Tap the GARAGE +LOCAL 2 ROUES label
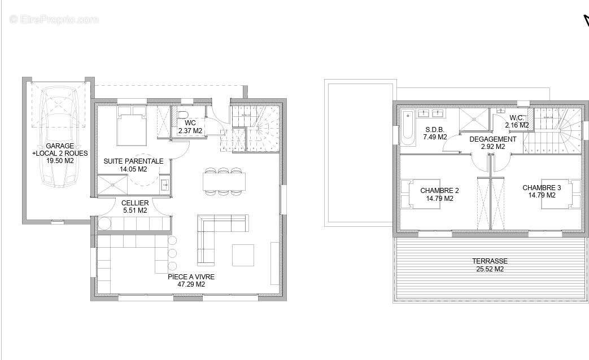60,150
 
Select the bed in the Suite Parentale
132,126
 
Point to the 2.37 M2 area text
190,131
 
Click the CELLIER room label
135,203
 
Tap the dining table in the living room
224,181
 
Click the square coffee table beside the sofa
243,255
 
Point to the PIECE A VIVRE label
191,277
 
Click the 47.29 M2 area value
191,284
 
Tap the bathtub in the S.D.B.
408,128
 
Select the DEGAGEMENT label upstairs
493,139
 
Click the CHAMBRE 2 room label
439,191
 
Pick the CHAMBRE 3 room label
542,188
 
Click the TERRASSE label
490,261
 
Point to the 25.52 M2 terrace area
490,269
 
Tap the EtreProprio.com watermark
54,19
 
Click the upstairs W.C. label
517,118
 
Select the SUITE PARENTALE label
133,161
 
